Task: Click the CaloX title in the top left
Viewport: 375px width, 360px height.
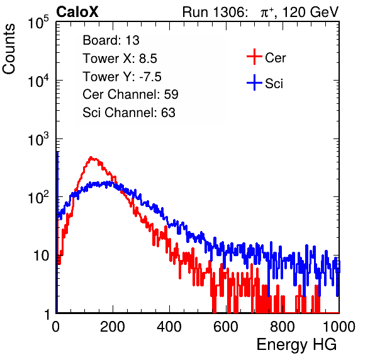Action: pos(77,12)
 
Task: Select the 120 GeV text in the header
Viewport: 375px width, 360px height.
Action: pos(311,12)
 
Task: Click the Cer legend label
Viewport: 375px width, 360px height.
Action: pos(275,58)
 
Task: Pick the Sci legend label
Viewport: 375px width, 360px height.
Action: pos(274,84)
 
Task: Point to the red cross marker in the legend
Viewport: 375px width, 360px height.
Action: pos(254,57)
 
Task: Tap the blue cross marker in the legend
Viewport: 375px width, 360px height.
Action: pos(254,83)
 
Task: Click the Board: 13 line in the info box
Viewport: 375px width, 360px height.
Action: pos(111,40)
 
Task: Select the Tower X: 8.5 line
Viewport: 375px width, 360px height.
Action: pos(120,59)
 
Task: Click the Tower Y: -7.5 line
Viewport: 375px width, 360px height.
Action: pos(122,77)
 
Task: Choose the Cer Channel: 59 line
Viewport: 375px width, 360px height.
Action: pos(130,94)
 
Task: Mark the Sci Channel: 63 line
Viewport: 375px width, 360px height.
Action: pos(129,113)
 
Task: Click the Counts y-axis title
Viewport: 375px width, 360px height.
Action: pos(9,49)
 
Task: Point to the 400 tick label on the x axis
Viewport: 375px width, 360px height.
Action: pos(169,327)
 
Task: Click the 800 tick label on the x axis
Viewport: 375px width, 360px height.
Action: pos(283,327)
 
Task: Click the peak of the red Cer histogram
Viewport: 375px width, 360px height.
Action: pos(91,157)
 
